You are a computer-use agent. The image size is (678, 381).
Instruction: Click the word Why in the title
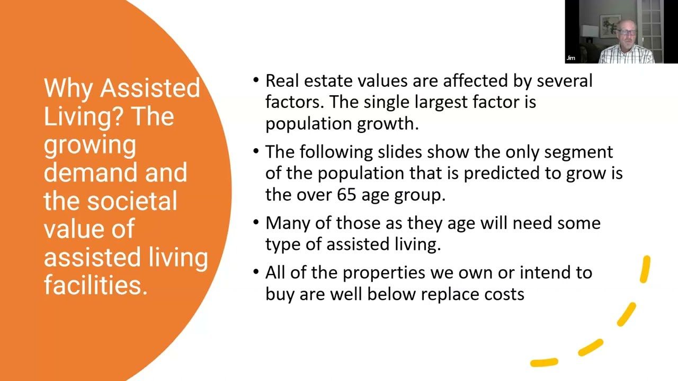[x=68, y=88]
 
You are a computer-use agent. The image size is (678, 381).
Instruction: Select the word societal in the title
[x=132, y=201]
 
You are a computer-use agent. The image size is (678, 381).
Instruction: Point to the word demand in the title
[x=92, y=173]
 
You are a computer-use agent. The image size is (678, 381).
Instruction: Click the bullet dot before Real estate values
[x=256, y=80]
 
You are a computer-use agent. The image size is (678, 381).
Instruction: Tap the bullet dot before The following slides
[x=256, y=151]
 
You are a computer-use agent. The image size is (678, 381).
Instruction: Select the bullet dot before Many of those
[x=256, y=222]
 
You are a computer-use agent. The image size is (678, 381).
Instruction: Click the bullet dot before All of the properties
[x=256, y=271]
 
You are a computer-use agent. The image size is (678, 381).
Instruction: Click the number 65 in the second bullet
[x=346, y=194]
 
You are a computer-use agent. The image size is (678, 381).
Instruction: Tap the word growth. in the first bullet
[x=388, y=123]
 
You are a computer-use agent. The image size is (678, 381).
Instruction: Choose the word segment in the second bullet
[x=578, y=152]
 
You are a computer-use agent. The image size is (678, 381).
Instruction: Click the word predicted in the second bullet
[x=502, y=174]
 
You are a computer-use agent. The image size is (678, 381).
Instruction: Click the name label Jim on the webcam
[x=571, y=58]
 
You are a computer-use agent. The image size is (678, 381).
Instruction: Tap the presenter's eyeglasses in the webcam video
[x=626, y=32]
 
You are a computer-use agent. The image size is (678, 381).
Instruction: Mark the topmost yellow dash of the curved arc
[x=645, y=269]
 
